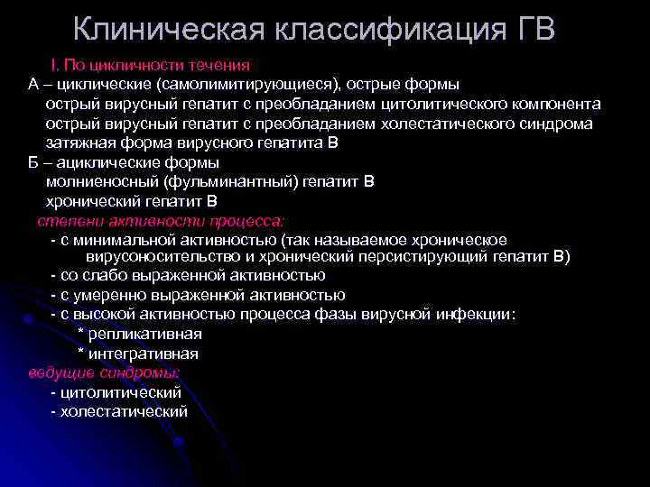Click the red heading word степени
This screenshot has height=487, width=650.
[x=66, y=222]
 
